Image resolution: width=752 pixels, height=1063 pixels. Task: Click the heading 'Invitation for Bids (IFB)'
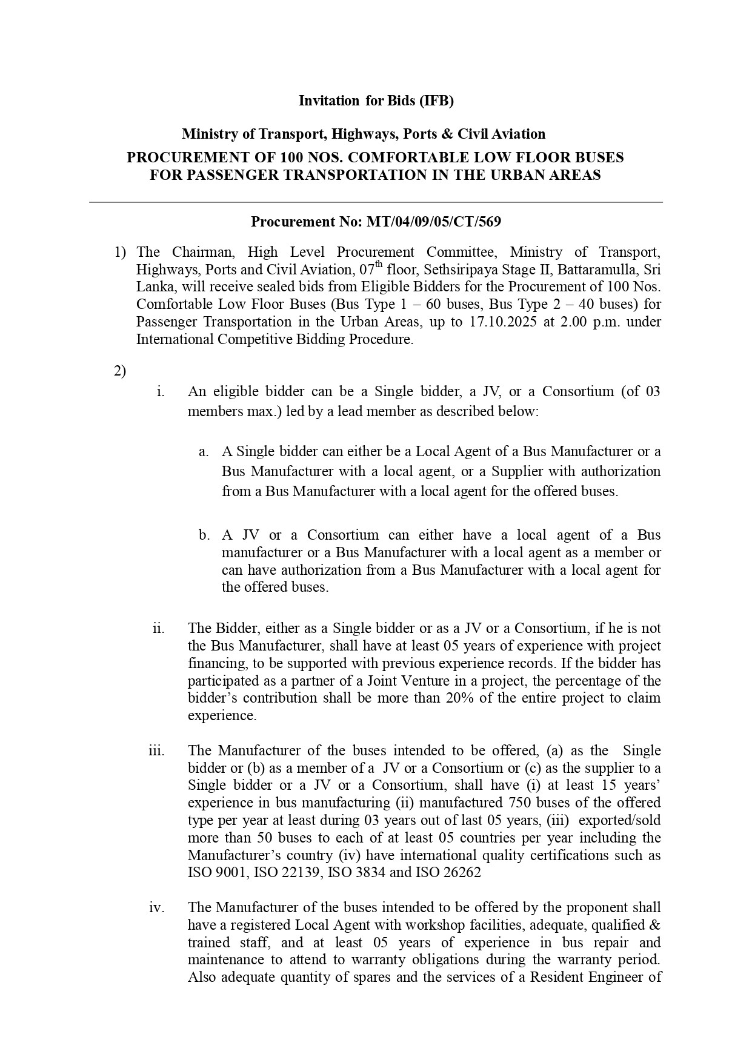(x=376, y=101)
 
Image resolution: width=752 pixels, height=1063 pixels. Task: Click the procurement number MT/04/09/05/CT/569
(x=433, y=222)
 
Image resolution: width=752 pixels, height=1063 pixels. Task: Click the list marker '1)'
(x=120, y=252)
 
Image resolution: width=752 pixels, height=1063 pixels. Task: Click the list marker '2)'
(x=120, y=371)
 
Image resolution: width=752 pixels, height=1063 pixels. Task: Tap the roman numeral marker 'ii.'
(x=159, y=628)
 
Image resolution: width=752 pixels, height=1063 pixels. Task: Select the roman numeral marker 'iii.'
(x=157, y=750)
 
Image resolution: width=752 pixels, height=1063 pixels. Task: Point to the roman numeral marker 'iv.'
(x=158, y=907)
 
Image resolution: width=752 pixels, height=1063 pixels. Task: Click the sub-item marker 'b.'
(x=204, y=535)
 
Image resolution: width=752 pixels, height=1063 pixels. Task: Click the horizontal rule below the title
(x=376, y=202)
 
